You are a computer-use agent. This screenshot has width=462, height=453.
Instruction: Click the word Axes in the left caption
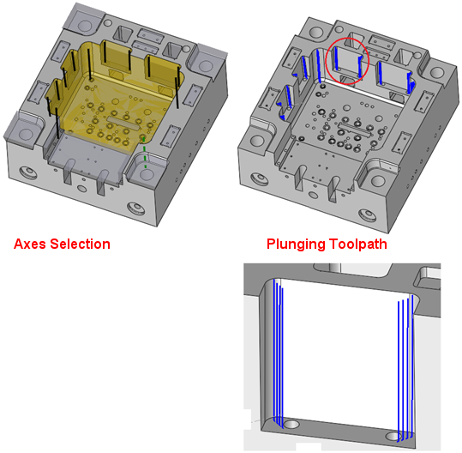30,245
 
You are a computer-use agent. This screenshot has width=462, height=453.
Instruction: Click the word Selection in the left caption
80,245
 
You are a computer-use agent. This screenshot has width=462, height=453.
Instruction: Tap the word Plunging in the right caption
296,245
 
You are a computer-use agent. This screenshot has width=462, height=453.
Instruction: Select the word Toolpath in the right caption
357,245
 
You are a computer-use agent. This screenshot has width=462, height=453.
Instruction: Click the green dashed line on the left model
145,154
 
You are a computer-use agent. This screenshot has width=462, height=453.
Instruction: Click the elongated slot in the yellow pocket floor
123,123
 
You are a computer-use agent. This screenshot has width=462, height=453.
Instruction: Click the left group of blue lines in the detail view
278,353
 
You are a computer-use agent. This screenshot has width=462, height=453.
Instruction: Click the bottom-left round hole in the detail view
291,425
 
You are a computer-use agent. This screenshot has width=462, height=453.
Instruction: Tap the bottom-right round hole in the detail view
395,436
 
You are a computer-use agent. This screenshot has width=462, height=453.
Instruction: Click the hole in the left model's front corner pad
147,175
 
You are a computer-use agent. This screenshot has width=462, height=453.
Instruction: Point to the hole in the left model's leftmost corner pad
26,133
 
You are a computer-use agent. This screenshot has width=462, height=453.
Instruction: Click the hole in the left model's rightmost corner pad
206,66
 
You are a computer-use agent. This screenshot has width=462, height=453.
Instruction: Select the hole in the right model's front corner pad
378,180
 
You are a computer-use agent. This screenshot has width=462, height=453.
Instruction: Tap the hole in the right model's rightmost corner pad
436,73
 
